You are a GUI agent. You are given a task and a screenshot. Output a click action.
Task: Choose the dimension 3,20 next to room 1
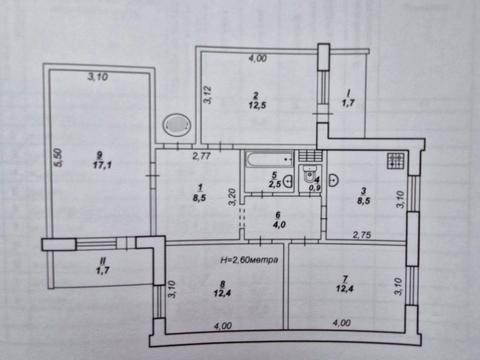(x=231, y=196)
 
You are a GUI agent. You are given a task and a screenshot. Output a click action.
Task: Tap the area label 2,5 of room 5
(x=274, y=184)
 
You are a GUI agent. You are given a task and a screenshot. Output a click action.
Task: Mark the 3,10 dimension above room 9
(x=98, y=77)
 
